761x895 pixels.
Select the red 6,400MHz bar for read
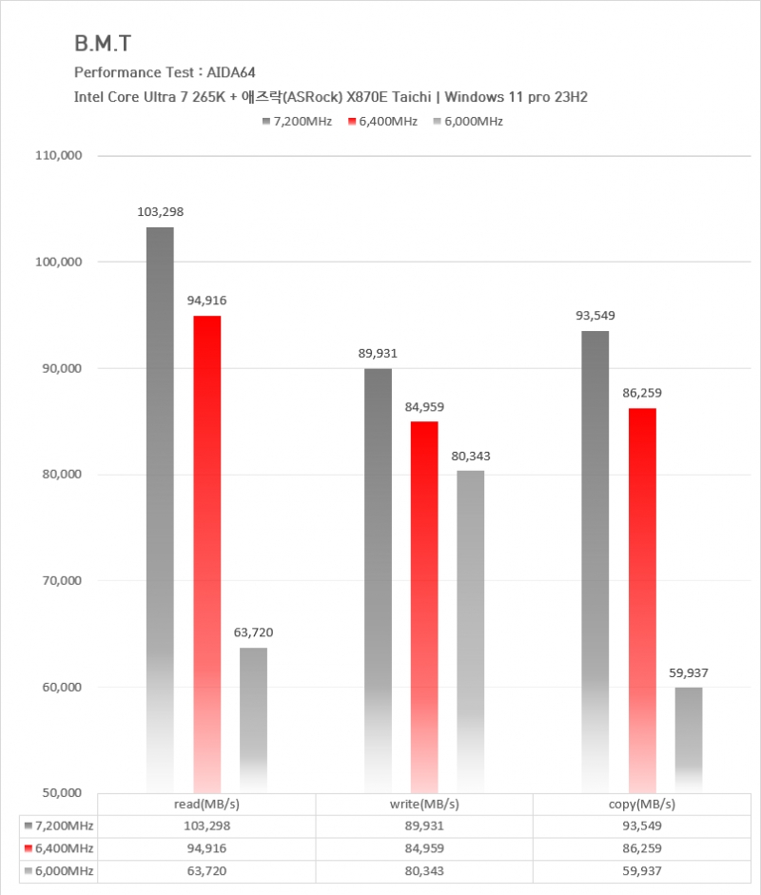coord(206,552)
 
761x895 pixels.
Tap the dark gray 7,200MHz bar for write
coord(378,580)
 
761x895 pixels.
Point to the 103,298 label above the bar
coord(160,212)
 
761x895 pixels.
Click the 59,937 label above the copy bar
coord(689,672)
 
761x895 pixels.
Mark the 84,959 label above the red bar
coord(423,407)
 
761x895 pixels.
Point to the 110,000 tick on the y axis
coord(59,155)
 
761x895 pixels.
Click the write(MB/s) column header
coord(423,804)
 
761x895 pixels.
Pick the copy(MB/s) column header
coord(641,804)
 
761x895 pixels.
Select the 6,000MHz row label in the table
coord(60,869)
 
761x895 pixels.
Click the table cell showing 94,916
coord(206,847)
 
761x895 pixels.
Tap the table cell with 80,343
coord(423,869)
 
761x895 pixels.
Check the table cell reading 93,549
coord(641,826)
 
